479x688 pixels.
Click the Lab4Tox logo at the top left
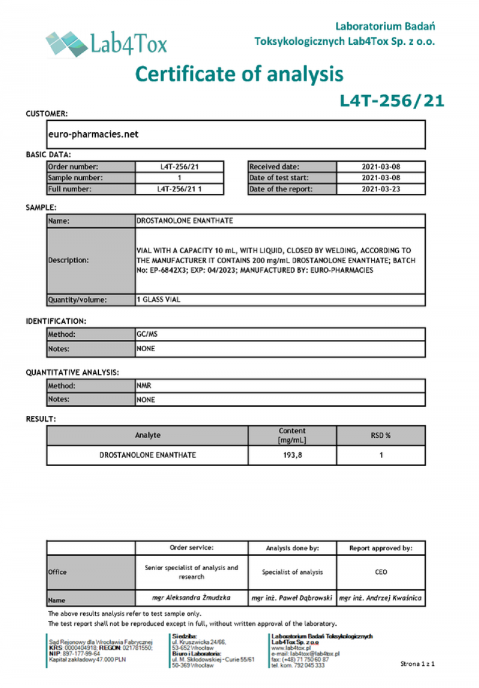click(106, 43)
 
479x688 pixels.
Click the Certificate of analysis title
click(239, 74)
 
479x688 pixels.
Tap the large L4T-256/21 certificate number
click(392, 101)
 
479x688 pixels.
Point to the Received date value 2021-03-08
click(381, 167)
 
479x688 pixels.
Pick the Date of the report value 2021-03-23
click(381, 189)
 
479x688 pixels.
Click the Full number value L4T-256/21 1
click(180, 189)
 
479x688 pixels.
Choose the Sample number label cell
click(90, 178)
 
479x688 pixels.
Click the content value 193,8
click(292, 455)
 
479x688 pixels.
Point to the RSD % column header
click(381, 436)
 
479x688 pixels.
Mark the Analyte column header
click(147, 436)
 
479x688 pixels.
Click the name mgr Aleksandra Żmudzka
click(191, 597)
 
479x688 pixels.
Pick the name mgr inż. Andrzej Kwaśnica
click(380, 597)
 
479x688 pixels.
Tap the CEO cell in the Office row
click(381, 572)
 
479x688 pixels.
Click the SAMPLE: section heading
click(41, 207)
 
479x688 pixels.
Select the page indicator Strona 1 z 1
click(417, 663)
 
